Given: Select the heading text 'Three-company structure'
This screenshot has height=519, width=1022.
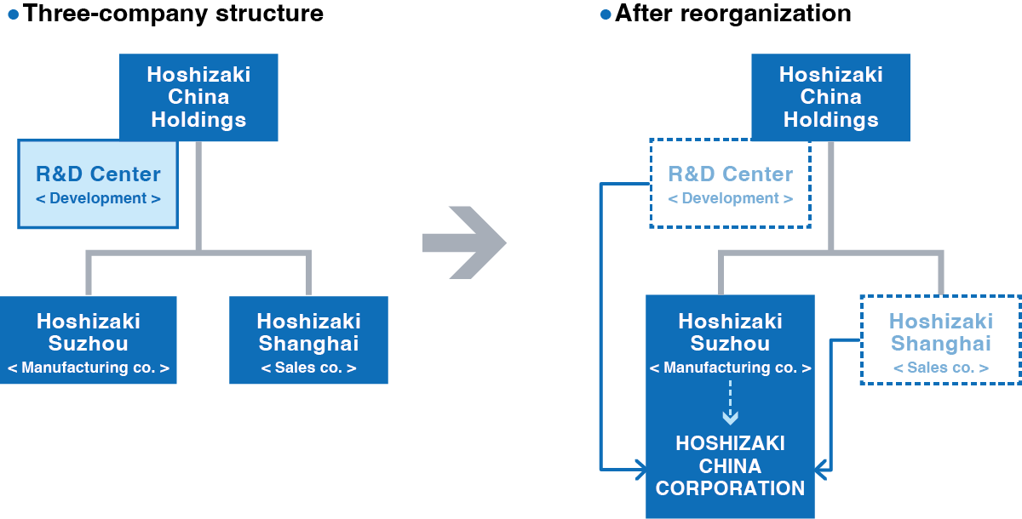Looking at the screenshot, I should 173,14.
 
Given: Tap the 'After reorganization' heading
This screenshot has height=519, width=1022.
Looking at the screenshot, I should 732,14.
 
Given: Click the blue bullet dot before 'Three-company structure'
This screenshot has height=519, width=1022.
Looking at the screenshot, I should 13,14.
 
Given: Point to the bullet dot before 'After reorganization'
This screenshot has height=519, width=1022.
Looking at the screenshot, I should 606,14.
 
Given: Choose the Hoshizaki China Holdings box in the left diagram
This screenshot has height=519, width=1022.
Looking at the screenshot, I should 198,97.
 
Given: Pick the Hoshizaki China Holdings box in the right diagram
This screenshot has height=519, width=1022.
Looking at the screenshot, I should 830,97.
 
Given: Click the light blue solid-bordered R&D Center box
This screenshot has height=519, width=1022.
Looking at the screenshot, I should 98,185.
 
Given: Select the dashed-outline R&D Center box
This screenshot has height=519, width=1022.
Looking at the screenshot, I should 730,185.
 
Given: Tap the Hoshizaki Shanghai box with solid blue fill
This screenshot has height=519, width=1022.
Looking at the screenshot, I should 308,339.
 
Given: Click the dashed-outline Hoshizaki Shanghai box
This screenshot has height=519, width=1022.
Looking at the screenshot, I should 940,339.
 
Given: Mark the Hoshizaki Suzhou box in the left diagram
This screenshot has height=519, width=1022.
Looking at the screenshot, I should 89,339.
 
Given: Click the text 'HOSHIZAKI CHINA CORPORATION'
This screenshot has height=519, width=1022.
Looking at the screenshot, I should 730,466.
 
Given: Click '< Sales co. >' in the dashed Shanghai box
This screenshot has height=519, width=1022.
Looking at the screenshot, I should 940,368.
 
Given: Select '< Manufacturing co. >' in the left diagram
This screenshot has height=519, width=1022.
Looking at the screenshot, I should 89,368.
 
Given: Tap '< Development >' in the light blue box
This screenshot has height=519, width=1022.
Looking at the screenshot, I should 98,199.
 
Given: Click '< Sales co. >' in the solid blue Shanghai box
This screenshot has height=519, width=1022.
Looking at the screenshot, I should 308,368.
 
